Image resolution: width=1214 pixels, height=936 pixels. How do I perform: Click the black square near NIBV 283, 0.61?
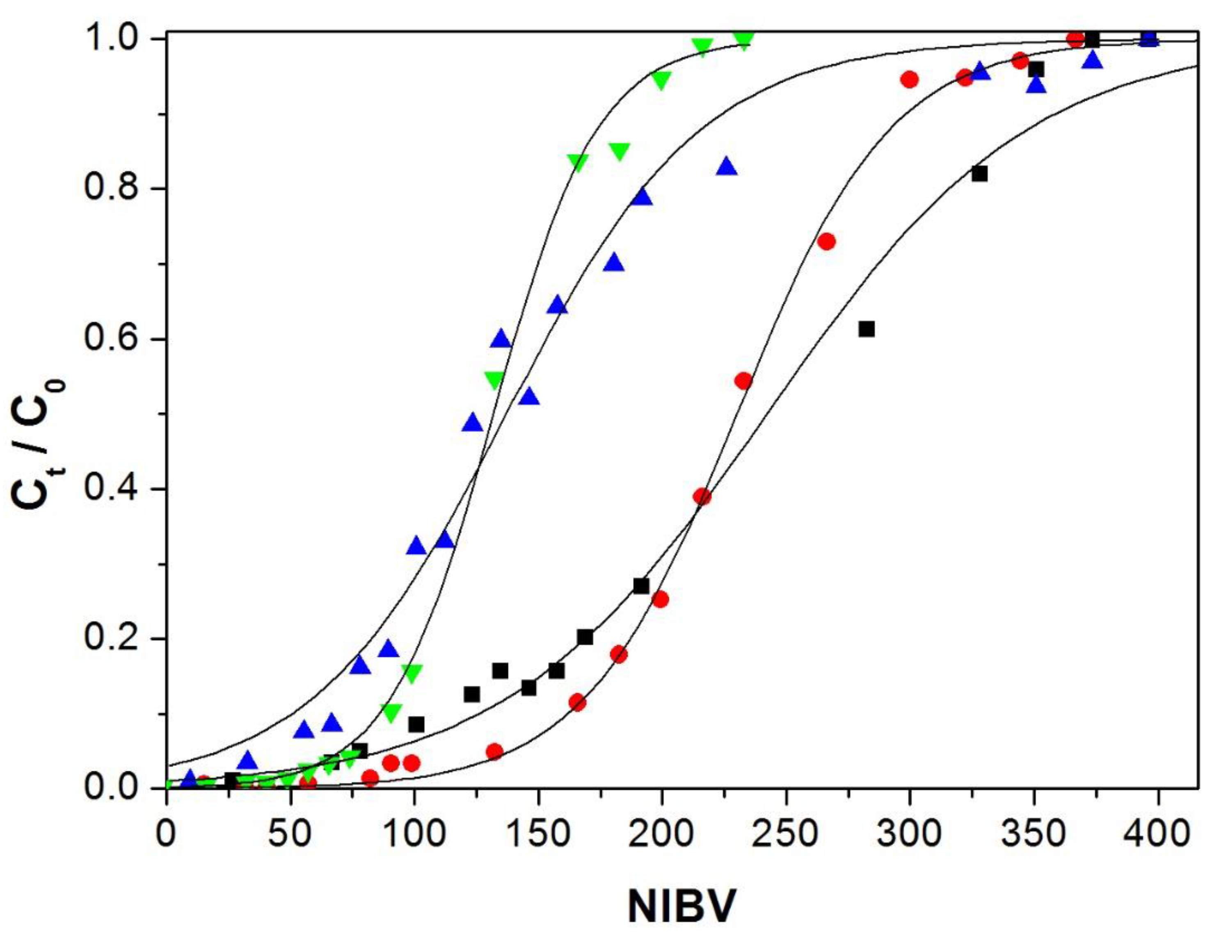pos(866,329)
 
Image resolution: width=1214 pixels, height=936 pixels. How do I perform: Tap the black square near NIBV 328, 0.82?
pos(979,174)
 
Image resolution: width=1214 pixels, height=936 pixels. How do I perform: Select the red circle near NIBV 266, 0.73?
pos(827,241)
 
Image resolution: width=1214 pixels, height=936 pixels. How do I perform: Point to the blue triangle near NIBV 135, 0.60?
pos(501,339)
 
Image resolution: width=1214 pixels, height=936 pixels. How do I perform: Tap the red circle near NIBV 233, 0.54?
pos(743,381)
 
